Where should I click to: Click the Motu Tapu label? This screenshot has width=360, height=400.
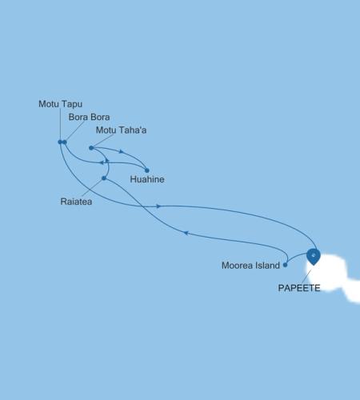[61, 104]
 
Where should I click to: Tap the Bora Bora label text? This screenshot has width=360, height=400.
[89, 118]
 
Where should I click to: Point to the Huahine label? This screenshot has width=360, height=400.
[147, 180]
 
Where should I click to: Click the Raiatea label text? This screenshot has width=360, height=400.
[77, 202]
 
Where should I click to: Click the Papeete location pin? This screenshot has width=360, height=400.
[314, 255]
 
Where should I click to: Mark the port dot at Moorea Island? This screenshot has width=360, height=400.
[286, 264]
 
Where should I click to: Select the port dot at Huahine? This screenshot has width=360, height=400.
[147, 170]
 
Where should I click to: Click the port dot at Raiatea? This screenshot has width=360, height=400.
[104, 178]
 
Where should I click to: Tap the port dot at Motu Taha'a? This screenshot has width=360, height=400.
[91, 148]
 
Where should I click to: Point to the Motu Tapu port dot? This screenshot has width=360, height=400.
[60, 142]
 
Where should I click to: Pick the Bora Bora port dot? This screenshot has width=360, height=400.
[65, 142]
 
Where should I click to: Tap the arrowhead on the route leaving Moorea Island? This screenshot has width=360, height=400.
[186, 233]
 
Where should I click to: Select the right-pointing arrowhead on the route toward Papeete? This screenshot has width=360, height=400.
[159, 206]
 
